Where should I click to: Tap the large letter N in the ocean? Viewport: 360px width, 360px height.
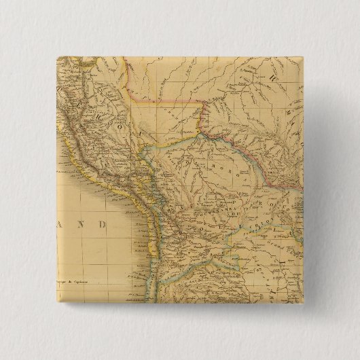pyautogui.click(x=85, y=224)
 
